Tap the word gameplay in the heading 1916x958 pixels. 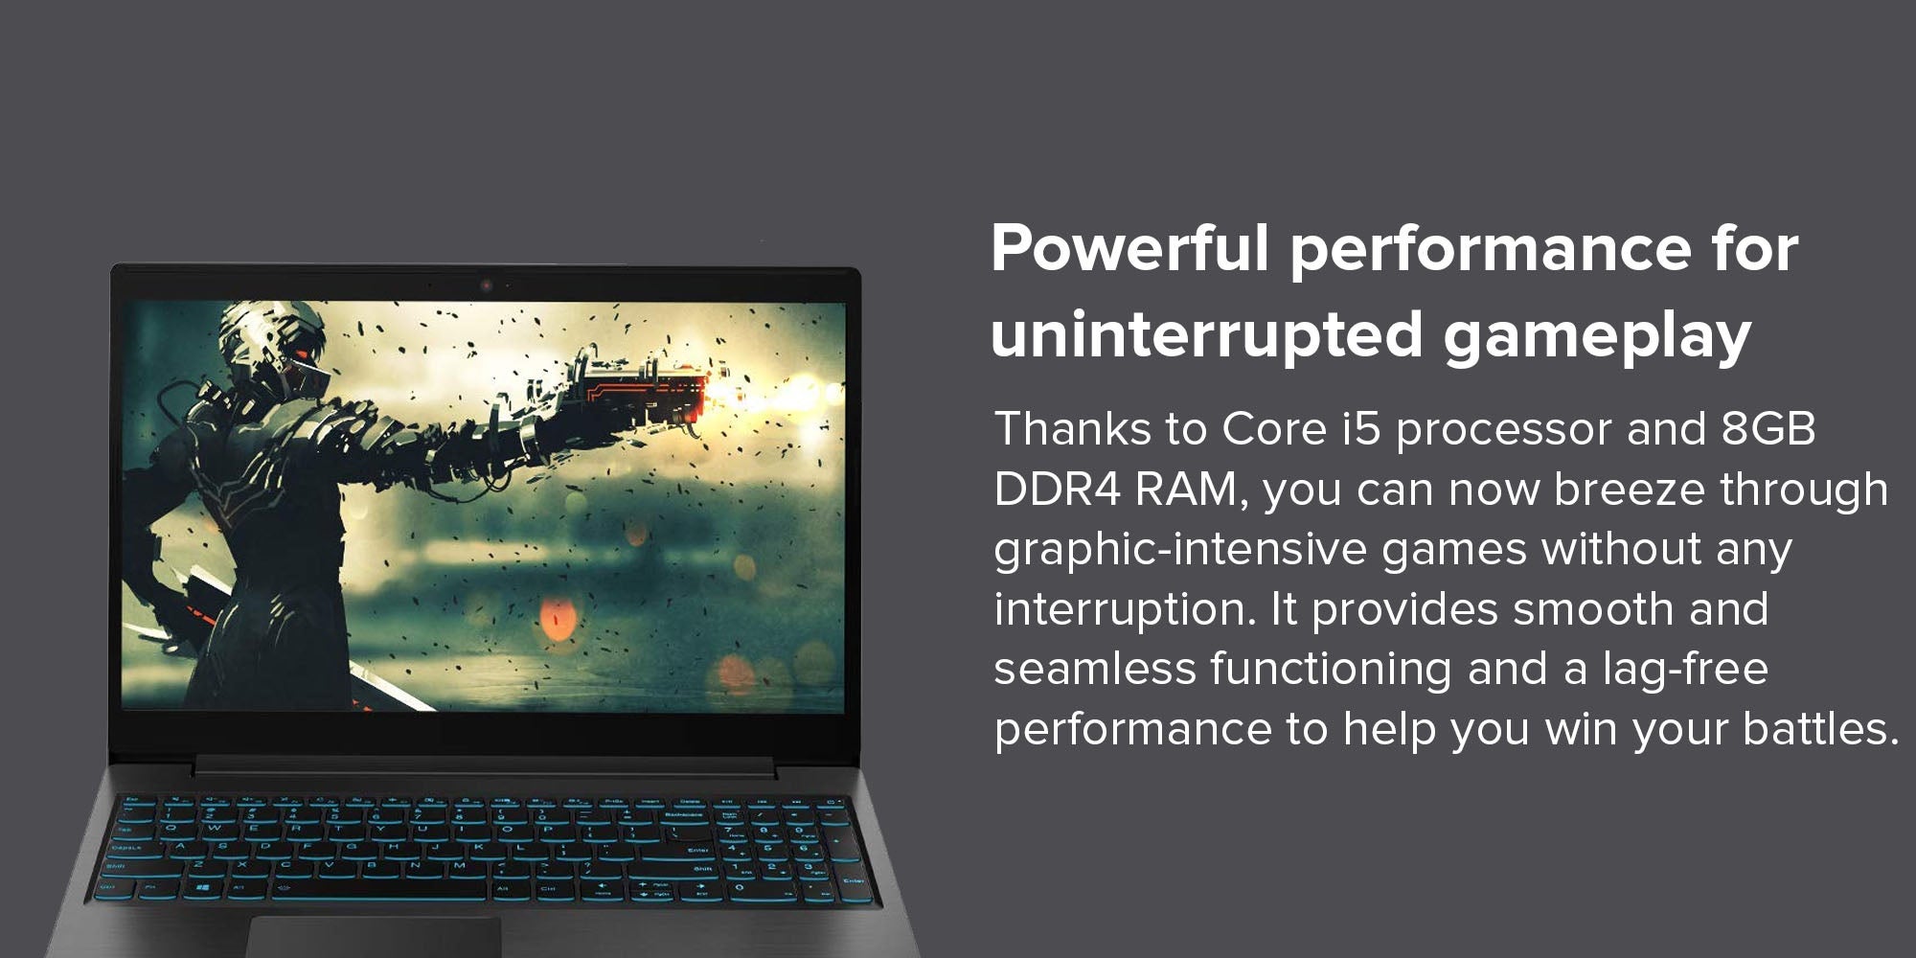[1597, 338]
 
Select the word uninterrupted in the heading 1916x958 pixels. [1206, 336]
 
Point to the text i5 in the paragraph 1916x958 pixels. [1360, 428]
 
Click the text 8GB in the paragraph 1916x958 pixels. [1768, 428]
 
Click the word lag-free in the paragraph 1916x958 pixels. [1685, 668]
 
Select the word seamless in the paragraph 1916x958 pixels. [1095, 669]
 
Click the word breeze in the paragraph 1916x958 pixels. [1630, 490]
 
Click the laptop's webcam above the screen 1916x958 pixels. [486, 285]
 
